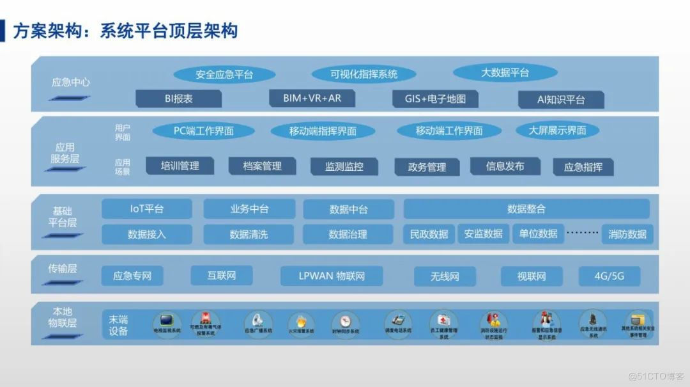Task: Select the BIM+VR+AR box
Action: [x=311, y=99]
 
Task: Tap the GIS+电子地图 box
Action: [x=435, y=99]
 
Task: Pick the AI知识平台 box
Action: [x=561, y=100]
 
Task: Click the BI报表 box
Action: [x=179, y=99]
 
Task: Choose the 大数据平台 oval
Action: [x=505, y=73]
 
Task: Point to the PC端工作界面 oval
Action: [x=204, y=131]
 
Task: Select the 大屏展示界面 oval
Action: [x=557, y=130]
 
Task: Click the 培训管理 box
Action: [x=180, y=166]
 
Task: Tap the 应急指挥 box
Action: [x=583, y=167]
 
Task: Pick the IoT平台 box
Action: [x=147, y=209]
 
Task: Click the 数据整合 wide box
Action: [x=526, y=209]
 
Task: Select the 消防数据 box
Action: [x=627, y=234]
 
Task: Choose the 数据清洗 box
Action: [x=249, y=234]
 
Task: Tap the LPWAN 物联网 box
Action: [x=332, y=276]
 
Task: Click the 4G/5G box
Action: [x=609, y=276]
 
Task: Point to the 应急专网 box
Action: [x=132, y=276]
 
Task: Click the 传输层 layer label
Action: [x=63, y=269]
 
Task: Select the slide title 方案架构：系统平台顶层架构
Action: [x=125, y=31]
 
